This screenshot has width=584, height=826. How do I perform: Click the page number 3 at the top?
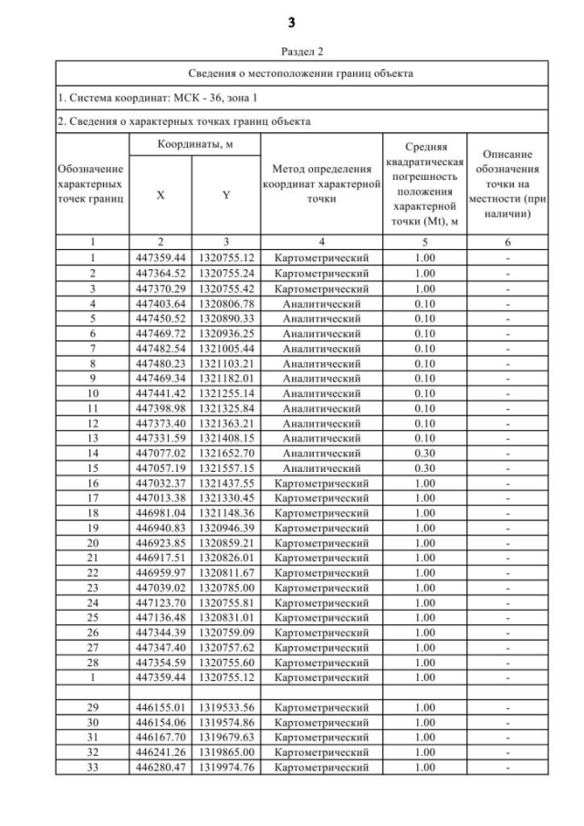point(292,21)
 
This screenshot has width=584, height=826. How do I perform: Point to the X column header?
point(161,193)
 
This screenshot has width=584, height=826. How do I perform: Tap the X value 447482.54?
point(161,348)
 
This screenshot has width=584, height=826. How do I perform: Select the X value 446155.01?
point(161,708)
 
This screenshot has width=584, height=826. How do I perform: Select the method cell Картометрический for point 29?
point(321,708)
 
